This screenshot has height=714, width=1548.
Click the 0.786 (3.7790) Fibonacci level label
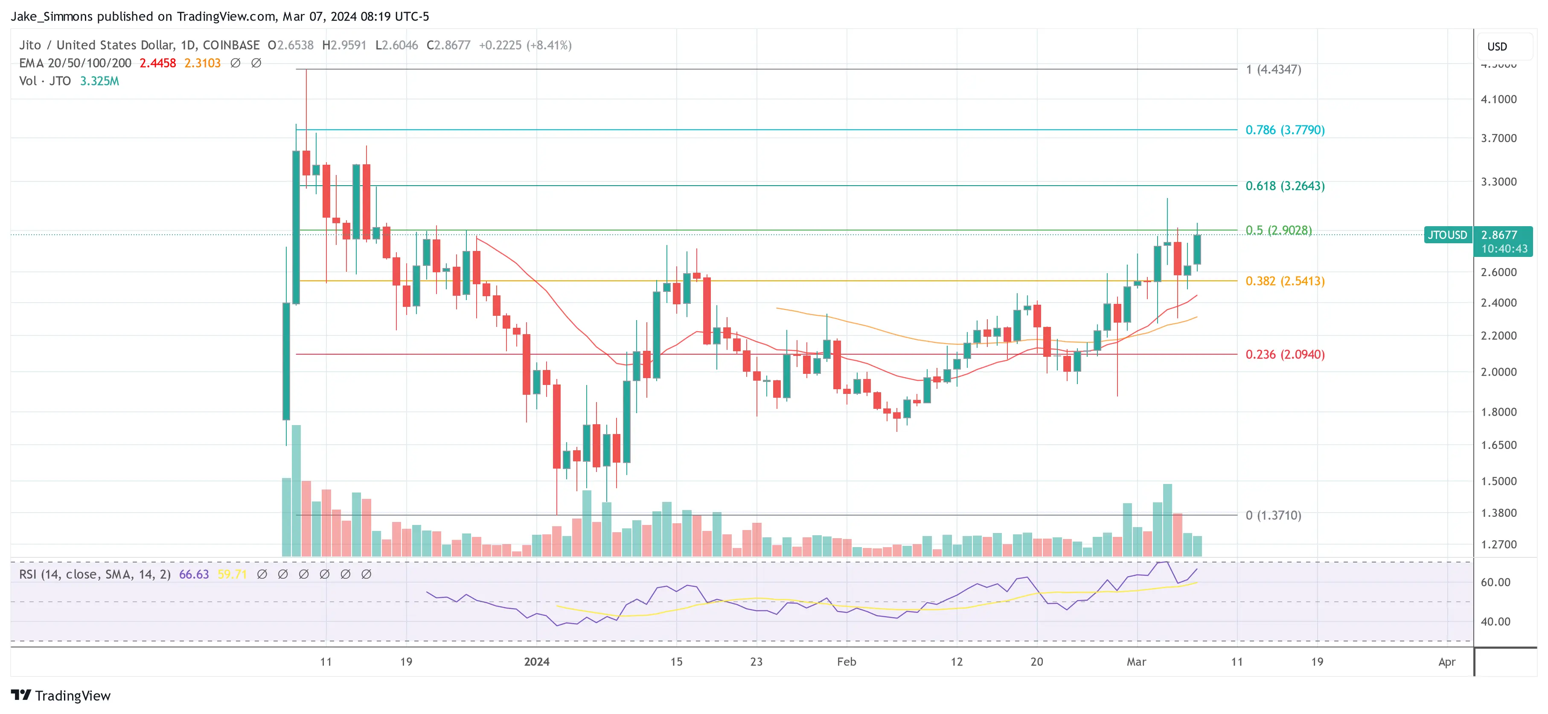coord(1284,130)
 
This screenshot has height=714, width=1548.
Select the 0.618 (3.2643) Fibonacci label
coord(1284,186)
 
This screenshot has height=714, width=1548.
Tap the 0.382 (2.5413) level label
coord(1284,281)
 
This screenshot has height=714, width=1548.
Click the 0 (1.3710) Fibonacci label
coord(1273,515)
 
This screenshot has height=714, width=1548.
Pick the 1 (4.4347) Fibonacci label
coord(1273,69)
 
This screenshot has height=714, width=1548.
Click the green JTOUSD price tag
coord(1447,235)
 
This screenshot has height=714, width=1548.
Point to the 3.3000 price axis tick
coord(1498,181)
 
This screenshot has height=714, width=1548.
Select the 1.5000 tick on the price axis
coord(1498,481)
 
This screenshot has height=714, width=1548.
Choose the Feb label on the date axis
coord(846,662)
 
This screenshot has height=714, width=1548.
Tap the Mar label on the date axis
coord(1136,662)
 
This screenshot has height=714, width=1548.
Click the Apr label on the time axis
coord(1446,662)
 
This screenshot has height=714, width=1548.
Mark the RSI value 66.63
coord(194,574)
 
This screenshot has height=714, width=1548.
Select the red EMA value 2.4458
coord(157,63)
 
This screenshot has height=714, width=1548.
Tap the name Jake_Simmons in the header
coord(52,16)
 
